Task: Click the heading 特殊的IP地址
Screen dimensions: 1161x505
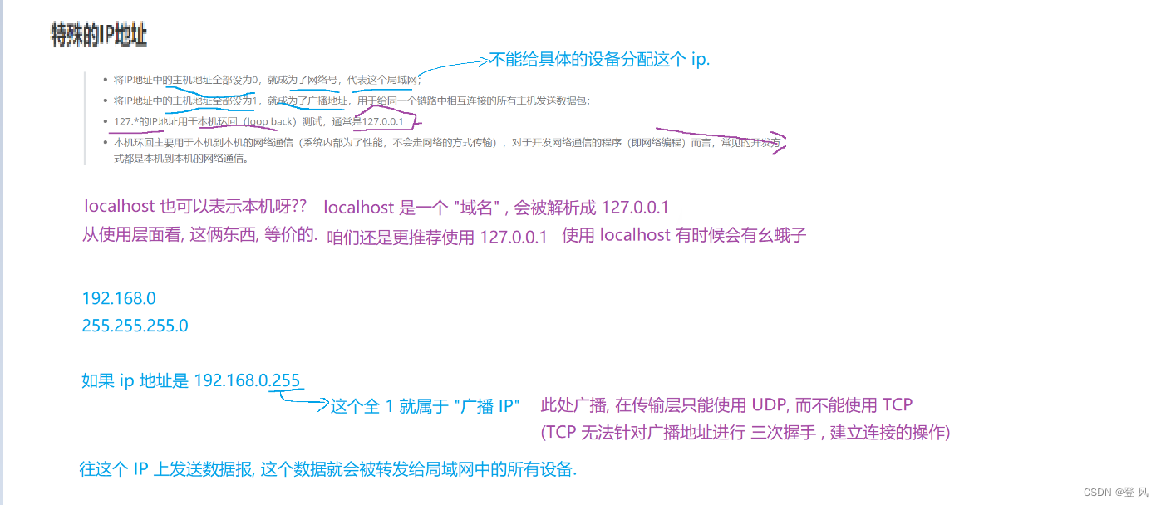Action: pos(99,36)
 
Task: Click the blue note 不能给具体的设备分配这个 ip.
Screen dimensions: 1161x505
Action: pos(600,60)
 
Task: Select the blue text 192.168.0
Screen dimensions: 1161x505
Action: pos(119,298)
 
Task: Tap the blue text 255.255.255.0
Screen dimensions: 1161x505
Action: pos(135,326)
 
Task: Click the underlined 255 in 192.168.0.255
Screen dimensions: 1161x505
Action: pos(286,380)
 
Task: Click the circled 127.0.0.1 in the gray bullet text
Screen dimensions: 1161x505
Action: pos(382,122)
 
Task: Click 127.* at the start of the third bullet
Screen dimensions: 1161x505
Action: pos(125,122)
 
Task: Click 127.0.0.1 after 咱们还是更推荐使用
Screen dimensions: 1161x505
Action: pos(514,237)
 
